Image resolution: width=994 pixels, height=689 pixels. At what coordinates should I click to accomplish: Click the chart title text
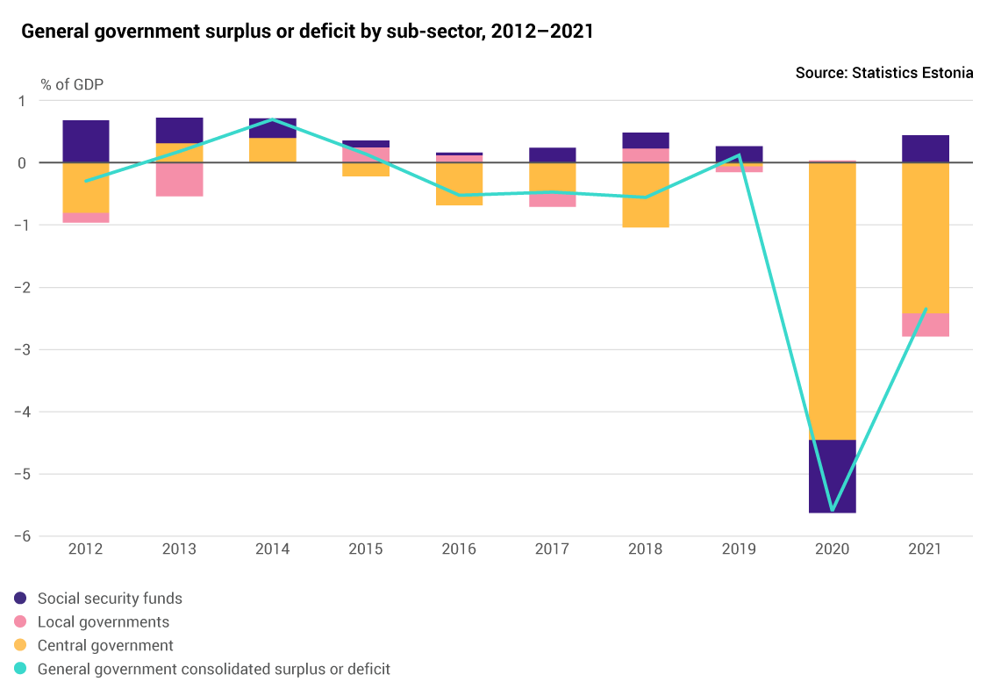click(307, 32)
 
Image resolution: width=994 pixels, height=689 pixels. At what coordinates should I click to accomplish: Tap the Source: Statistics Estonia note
click(883, 73)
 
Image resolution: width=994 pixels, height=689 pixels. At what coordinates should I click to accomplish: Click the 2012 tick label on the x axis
click(86, 549)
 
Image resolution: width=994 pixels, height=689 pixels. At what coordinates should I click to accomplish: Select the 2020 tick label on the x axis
click(832, 549)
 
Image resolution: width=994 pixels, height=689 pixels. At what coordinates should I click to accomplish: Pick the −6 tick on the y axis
click(24, 536)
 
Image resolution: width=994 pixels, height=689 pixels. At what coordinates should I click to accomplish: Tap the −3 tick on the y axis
click(24, 349)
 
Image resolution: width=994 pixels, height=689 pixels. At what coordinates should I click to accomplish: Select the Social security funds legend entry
click(110, 599)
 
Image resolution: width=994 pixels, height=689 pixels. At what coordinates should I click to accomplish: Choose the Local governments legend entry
click(103, 622)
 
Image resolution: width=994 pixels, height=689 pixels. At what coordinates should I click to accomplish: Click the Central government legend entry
click(105, 646)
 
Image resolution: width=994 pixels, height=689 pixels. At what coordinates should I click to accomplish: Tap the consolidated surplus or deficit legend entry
click(213, 669)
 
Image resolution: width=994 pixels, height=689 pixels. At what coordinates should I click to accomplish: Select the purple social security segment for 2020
click(832, 476)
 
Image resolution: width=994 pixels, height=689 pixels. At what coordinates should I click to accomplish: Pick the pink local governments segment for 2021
click(926, 325)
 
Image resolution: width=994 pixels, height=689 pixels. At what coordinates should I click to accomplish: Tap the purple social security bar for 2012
click(86, 141)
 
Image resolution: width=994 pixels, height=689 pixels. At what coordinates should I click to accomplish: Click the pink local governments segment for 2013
click(179, 179)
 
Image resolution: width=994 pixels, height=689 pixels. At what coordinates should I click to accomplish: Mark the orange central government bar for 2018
click(646, 195)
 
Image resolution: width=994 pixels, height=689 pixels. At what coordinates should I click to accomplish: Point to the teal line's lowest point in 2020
click(832, 510)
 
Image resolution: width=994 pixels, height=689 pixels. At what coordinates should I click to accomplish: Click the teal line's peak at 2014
click(273, 119)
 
